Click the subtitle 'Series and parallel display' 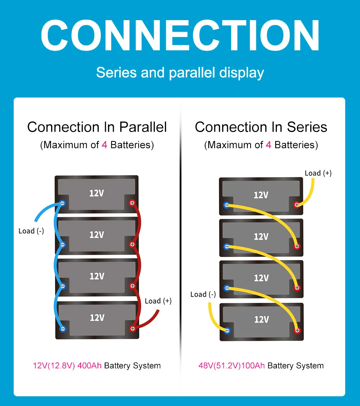pos(180,72)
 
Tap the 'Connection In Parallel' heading pos(97,127)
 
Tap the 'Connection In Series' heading pos(261,127)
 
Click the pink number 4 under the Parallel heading pos(104,145)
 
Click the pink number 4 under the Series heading pos(268,145)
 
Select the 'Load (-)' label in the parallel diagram pos(31,231)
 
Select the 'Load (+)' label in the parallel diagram pos(158,301)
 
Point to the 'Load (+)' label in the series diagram pos(318,173)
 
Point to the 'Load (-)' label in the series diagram pos(203,295)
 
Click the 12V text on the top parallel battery pos(96,193)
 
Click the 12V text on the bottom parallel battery pos(97,318)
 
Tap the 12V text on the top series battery pos(261,195)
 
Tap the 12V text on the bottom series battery pos(261,319)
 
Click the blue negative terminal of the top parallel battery pos(62,203)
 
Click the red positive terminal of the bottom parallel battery pos(132,328)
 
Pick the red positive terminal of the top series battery pos(297,205)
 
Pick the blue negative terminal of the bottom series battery pos(227,330)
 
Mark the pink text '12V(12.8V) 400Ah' pos(67,366)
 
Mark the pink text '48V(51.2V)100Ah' pos(231,366)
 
